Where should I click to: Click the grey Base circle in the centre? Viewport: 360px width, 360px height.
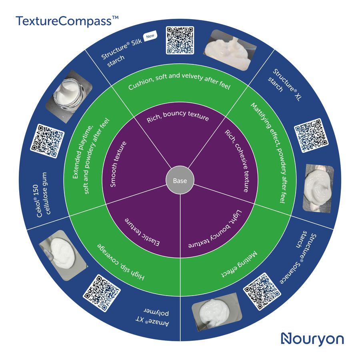pos(180,180)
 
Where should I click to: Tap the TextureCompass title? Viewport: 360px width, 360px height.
pos(67,21)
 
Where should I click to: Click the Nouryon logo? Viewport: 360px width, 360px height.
pos(312,339)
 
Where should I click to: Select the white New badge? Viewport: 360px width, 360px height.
pos(150,36)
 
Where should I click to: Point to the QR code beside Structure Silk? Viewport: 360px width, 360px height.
pos(180,40)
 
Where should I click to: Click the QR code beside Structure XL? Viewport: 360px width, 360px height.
pos(311,135)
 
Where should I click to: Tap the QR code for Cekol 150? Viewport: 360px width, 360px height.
pos(47,141)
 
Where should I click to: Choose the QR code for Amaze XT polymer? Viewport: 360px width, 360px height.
pos(102,293)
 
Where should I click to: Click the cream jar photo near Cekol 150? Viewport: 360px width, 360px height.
pos(69,96)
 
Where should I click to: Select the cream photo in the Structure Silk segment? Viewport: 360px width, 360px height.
pos(230,50)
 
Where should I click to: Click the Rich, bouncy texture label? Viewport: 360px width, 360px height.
pos(178,116)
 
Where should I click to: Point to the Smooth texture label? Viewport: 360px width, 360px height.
pos(118,164)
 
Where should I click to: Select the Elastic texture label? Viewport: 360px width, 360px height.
pos(142,232)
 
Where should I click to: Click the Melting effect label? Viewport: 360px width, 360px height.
pos(240,264)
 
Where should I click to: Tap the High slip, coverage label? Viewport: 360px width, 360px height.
pos(121,262)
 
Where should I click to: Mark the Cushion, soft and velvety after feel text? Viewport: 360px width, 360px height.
pos(179,81)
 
